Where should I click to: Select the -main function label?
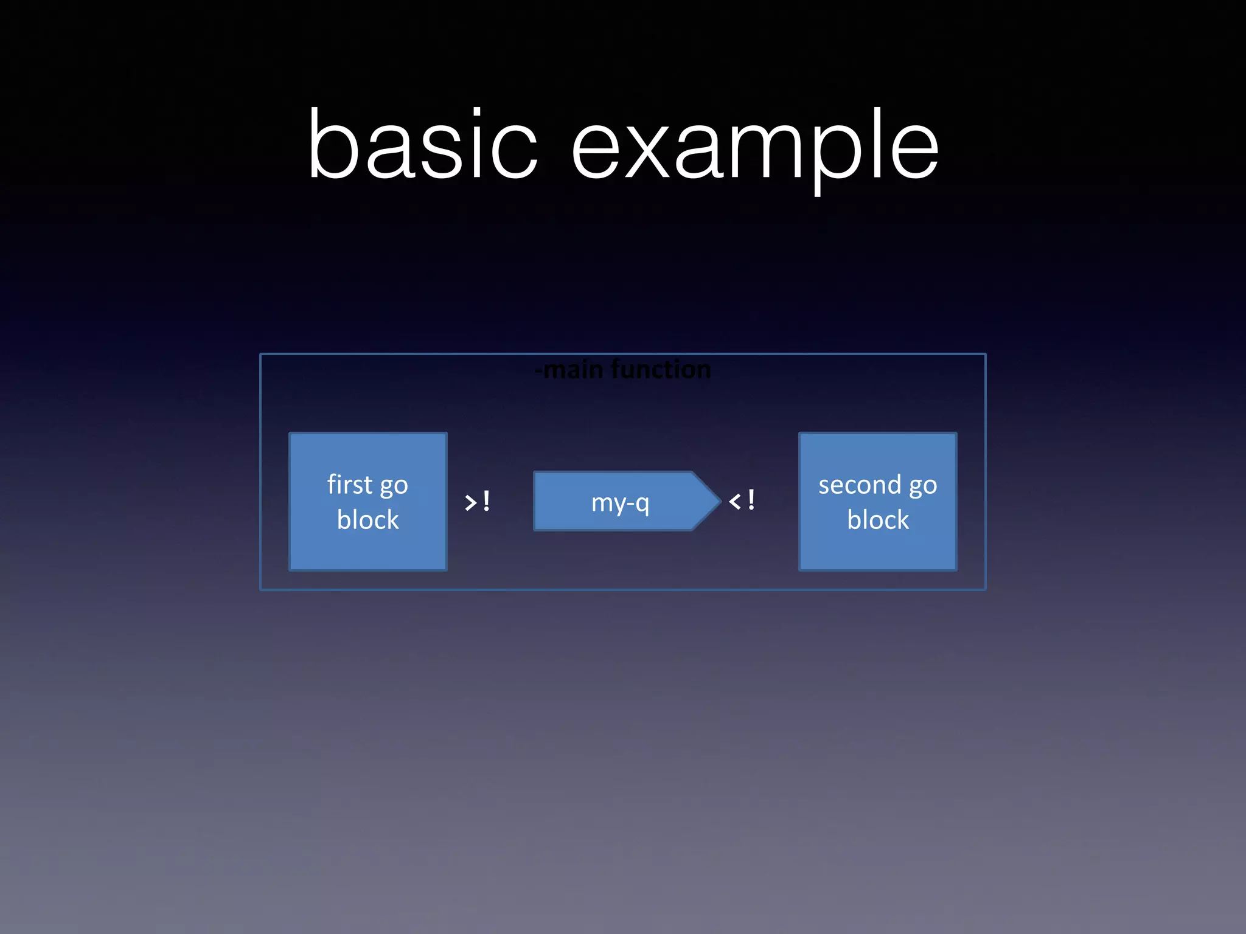pos(623,370)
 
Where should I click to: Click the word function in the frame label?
pos(661,370)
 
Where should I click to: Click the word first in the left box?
pos(349,485)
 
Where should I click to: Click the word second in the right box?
pos(859,485)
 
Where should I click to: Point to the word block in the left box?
pos(368,520)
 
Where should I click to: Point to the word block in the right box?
pos(878,520)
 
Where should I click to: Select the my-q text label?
pos(620,503)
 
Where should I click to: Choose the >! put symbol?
pos(477,502)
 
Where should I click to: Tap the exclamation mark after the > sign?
pos(486,501)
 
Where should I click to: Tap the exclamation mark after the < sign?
pos(751,500)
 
